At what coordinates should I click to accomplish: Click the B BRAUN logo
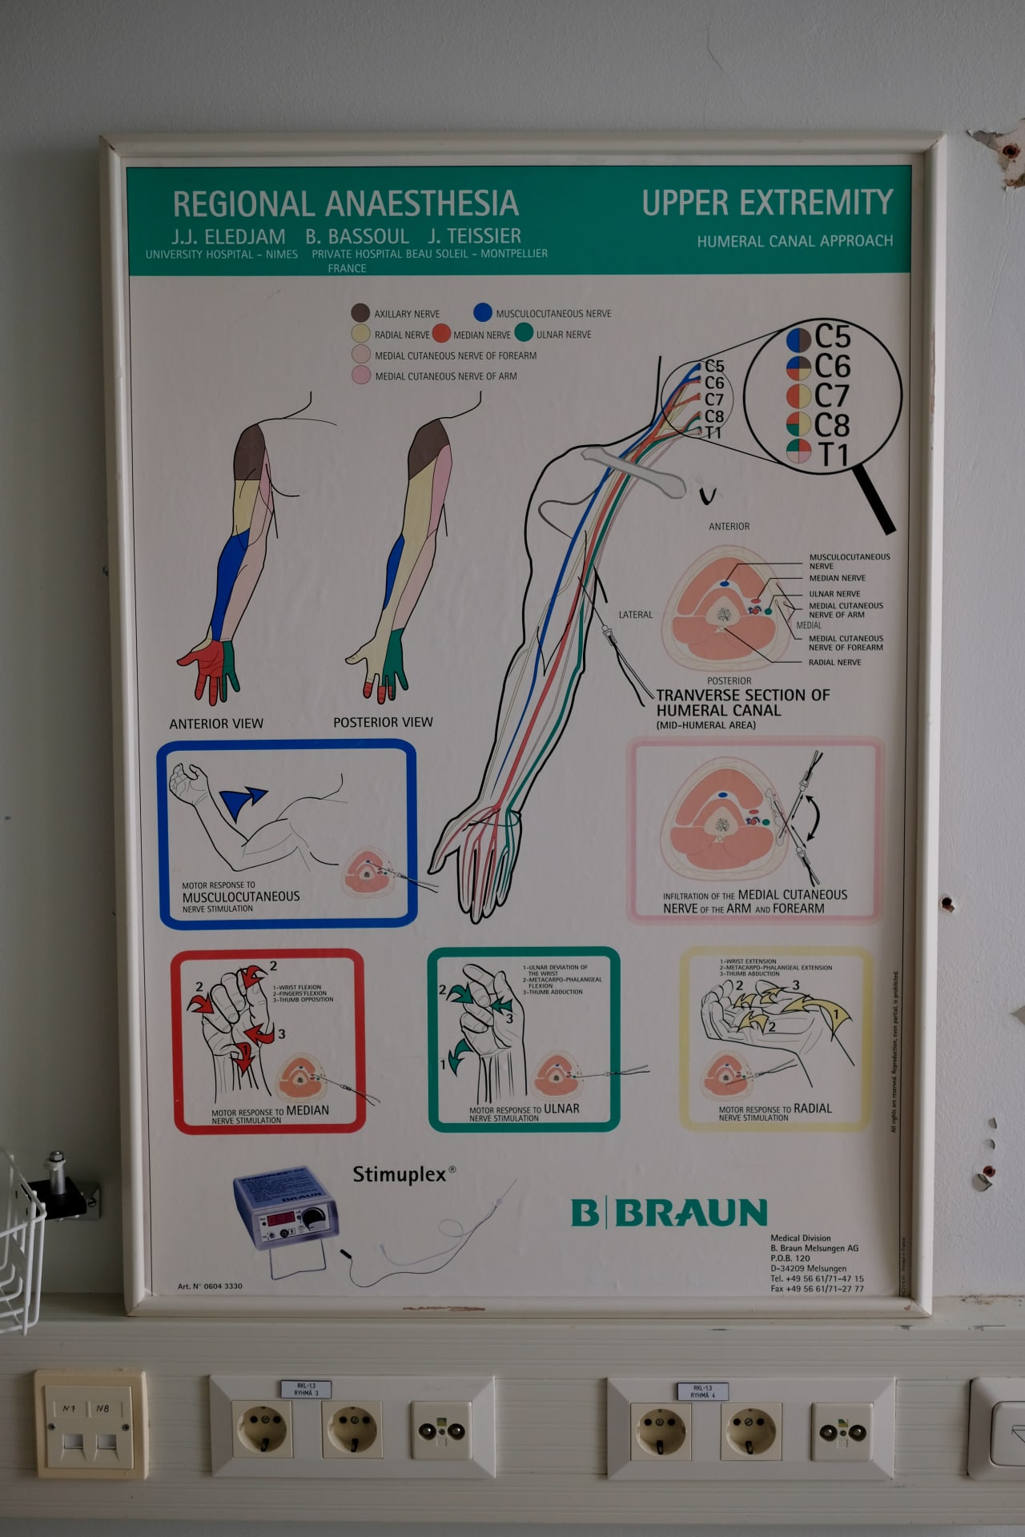669,1213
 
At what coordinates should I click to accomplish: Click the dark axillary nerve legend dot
360,312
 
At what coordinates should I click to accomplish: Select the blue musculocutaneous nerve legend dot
482,312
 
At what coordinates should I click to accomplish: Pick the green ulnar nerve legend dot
525,333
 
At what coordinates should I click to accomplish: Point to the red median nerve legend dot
441,334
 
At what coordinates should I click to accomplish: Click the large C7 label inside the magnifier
832,395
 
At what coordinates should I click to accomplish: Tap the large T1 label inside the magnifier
833,455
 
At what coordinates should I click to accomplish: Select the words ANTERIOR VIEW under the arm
216,724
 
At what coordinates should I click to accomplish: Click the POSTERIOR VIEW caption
383,722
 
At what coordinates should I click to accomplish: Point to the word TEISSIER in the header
474,236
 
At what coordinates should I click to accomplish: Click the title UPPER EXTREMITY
767,203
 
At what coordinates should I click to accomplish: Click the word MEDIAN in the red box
307,1110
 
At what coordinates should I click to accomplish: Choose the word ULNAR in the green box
561,1109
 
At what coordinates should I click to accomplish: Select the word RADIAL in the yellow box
812,1109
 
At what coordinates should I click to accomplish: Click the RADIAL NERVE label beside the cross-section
834,662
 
